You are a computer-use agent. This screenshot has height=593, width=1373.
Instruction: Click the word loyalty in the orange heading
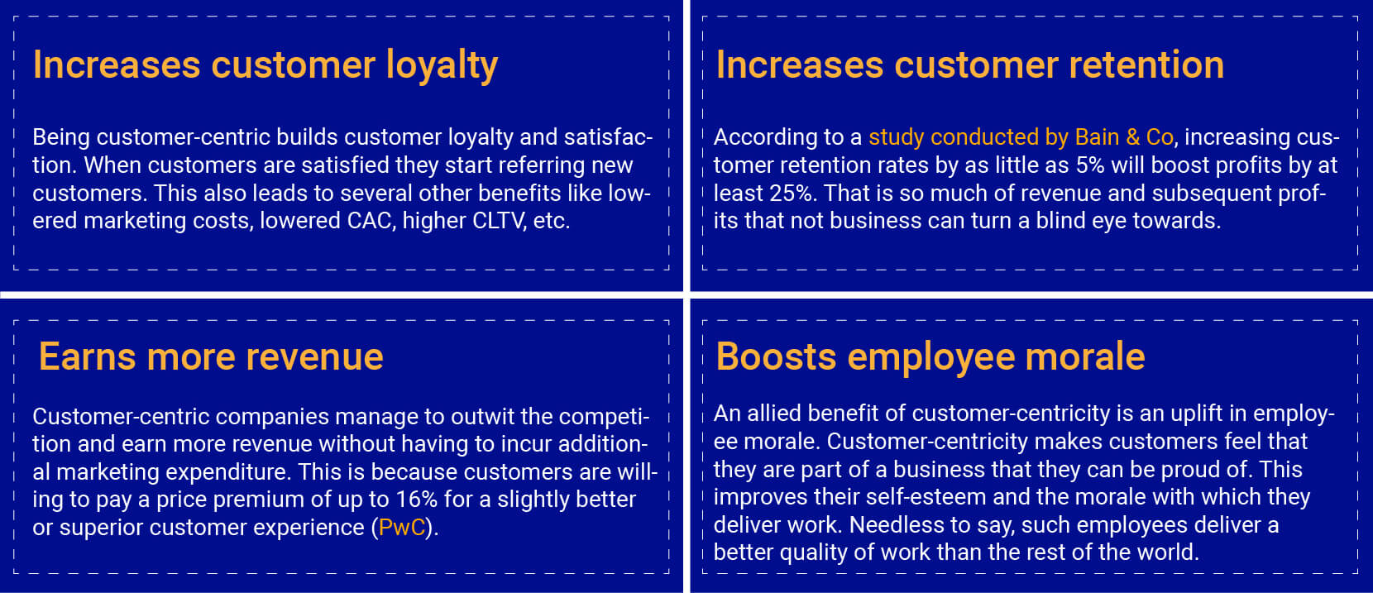[442, 65]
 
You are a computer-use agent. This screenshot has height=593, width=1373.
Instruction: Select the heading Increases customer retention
[969, 65]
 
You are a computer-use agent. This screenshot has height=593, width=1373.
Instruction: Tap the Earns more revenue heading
[211, 356]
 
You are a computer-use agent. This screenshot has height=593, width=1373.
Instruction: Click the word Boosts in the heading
[776, 356]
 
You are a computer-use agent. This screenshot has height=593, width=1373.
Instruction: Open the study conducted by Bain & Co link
[1021, 137]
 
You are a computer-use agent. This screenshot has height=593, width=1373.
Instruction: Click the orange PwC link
[402, 528]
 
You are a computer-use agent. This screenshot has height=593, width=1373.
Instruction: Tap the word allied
[773, 414]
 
